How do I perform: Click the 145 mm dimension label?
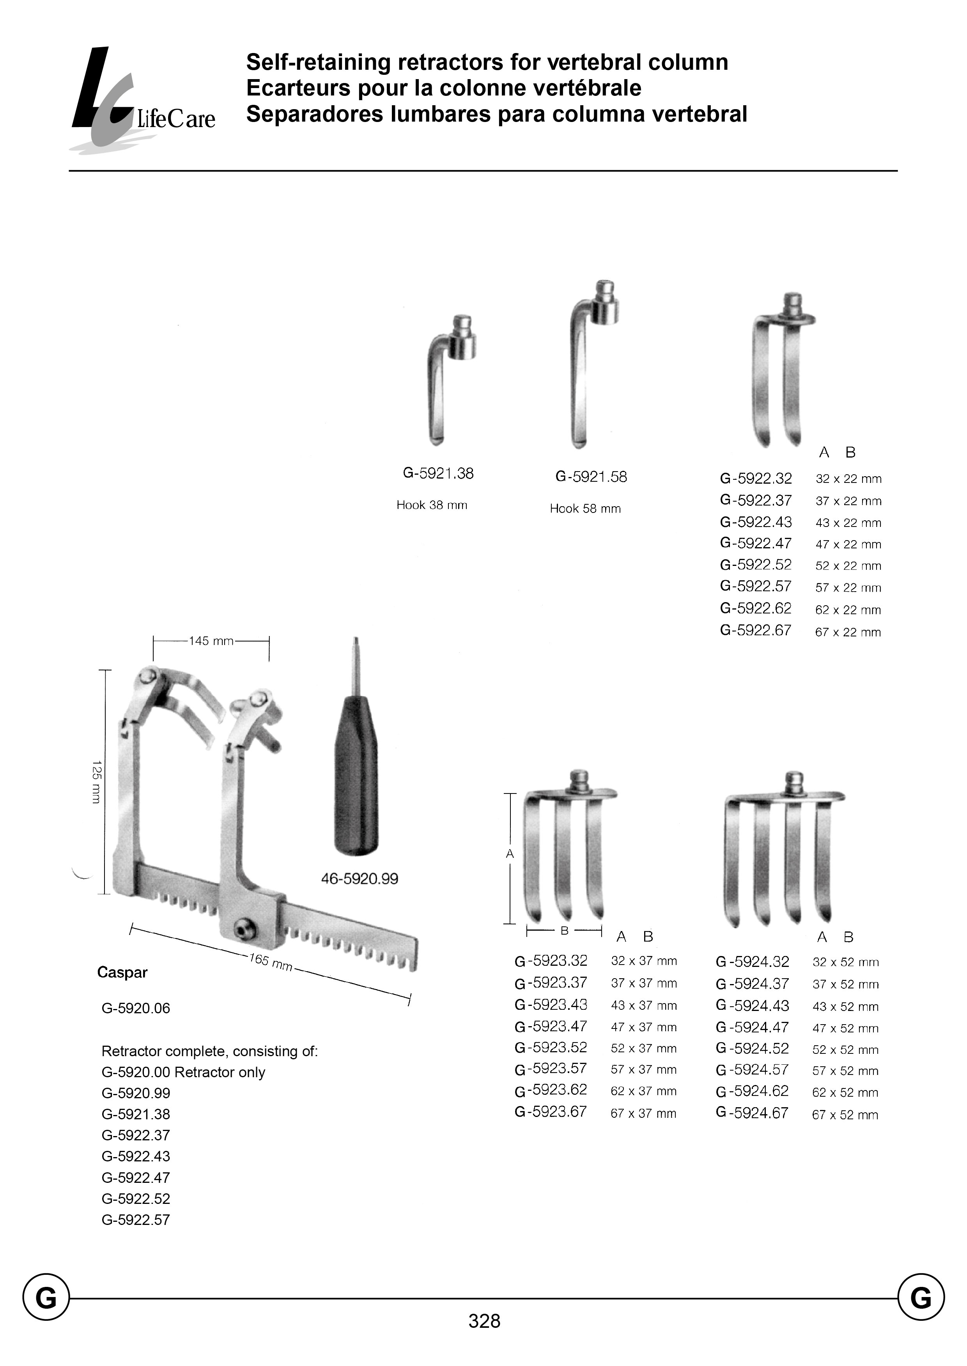click(211, 641)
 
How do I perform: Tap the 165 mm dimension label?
click(271, 963)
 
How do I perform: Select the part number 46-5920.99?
click(360, 878)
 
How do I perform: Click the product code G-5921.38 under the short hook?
click(438, 474)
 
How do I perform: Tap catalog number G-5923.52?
click(551, 1048)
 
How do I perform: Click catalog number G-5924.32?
click(753, 962)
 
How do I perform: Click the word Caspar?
click(122, 972)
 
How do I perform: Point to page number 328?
click(484, 1338)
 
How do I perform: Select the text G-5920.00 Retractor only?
click(183, 1073)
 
